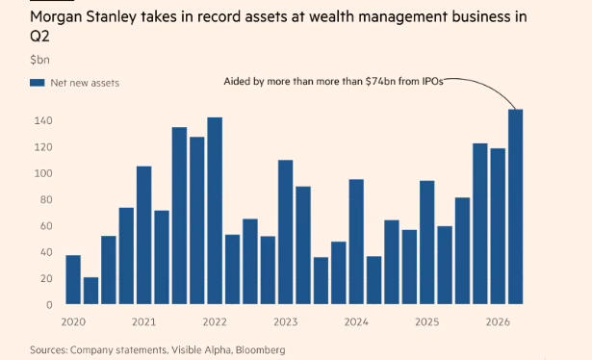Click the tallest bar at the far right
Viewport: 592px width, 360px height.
[515, 207]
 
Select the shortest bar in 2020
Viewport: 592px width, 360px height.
[90, 291]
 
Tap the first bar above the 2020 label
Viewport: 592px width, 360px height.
[73, 279]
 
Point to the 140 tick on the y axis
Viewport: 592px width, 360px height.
[43, 120]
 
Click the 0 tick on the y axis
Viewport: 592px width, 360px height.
[49, 305]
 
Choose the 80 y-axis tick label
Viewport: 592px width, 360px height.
[45, 199]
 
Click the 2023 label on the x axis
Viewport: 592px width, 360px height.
[286, 321]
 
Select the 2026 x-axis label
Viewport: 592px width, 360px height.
[498, 321]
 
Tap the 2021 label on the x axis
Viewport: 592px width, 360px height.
[143, 321]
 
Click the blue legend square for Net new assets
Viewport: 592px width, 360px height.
[38, 83]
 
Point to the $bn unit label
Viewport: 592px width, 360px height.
[39, 60]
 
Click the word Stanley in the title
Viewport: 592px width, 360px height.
[111, 17]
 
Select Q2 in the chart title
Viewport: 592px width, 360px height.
[39, 37]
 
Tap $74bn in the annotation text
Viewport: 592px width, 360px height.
[380, 82]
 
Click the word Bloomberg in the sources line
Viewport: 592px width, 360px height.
[261, 350]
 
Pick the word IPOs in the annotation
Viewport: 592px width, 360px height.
[433, 82]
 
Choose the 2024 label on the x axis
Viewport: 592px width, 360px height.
[356, 321]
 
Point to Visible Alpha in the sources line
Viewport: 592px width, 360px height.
[201, 350]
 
